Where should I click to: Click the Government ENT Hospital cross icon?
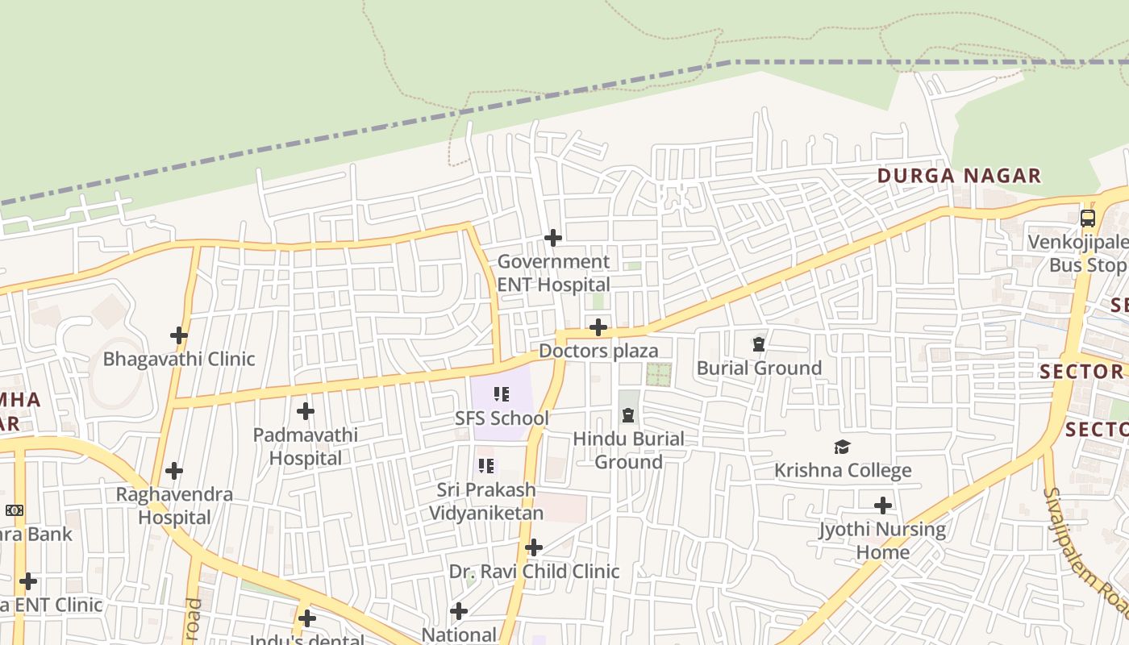click(x=552, y=237)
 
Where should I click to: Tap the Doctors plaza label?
click(x=598, y=351)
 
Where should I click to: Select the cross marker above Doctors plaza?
click(x=598, y=327)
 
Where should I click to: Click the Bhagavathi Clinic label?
click(x=179, y=359)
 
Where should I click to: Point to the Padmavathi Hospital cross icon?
click(x=305, y=411)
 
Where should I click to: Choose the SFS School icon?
click(x=502, y=394)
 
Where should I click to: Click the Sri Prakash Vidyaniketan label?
click(x=485, y=501)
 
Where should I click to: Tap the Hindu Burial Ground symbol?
click(x=628, y=415)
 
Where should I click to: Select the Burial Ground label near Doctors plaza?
click(x=759, y=368)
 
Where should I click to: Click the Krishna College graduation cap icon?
click(x=842, y=447)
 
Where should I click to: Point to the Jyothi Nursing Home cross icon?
click(x=883, y=506)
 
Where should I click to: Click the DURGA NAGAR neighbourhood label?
click(x=959, y=176)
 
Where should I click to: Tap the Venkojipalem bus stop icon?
click(x=1087, y=218)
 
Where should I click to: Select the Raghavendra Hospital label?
click(x=174, y=506)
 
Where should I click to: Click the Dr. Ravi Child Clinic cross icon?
click(x=533, y=548)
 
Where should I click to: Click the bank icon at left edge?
click(x=15, y=510)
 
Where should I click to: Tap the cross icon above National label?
click(x=459, y=611)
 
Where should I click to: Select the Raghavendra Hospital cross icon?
click(x=173, y=470)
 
